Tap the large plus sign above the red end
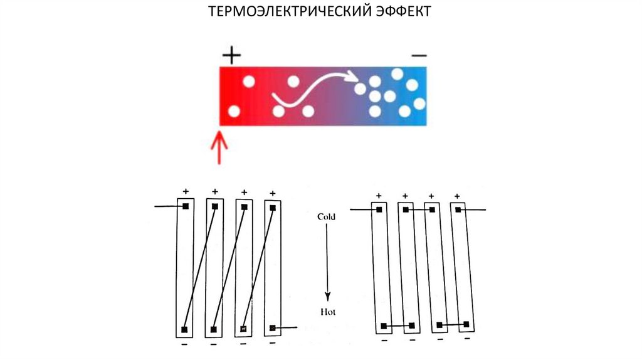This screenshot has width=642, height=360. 231,56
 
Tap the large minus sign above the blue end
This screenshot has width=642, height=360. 419,56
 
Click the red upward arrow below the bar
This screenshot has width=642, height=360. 219,147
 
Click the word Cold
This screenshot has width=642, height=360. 326,216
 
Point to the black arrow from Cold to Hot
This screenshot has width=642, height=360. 327,263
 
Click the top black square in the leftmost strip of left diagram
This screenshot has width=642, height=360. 186,206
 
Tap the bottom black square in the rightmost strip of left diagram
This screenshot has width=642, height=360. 273,328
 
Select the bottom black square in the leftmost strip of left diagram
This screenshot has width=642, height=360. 184,329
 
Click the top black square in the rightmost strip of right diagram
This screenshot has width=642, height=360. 460,210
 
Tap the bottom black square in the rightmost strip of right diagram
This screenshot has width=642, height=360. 468,324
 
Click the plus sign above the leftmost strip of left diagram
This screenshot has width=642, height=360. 186,191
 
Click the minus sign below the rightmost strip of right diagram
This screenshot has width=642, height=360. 467,339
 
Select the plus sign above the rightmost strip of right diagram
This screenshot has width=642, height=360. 457,196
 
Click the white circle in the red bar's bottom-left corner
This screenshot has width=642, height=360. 234,112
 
